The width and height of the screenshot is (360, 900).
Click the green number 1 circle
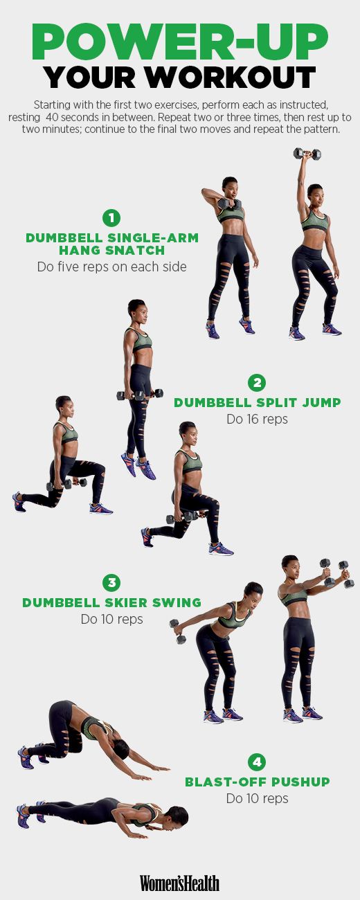click(x=111, y=218)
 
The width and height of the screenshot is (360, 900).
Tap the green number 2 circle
click(x=257, y=382)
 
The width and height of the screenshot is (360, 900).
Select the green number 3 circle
click(x=111, y=582)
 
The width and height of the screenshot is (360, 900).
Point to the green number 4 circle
click(x=257, y=762)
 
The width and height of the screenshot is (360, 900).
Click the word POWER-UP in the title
click(x=179, y=42)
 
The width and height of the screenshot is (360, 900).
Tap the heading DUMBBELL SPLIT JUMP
click(x=257, y=403)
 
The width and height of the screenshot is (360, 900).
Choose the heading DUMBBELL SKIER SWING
click(x=111, y=603)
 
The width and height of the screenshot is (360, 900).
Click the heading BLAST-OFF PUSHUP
click(x=257, y=782)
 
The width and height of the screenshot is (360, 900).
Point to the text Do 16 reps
click(x=257, y=419)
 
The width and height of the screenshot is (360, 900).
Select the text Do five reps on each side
click(x=111, y=267)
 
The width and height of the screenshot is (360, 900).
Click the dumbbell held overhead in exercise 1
click(x=307, y=154)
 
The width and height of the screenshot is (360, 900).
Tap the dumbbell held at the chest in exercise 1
click(x=229, y=204)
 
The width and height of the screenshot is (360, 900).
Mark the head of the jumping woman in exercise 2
click(x=137, y=309)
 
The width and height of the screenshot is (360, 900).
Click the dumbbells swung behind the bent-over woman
click(x=177, y=631)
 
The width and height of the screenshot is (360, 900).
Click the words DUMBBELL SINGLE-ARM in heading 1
click(x=112, y=238)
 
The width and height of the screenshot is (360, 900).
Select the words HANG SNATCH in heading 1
click(x=112, y=251)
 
